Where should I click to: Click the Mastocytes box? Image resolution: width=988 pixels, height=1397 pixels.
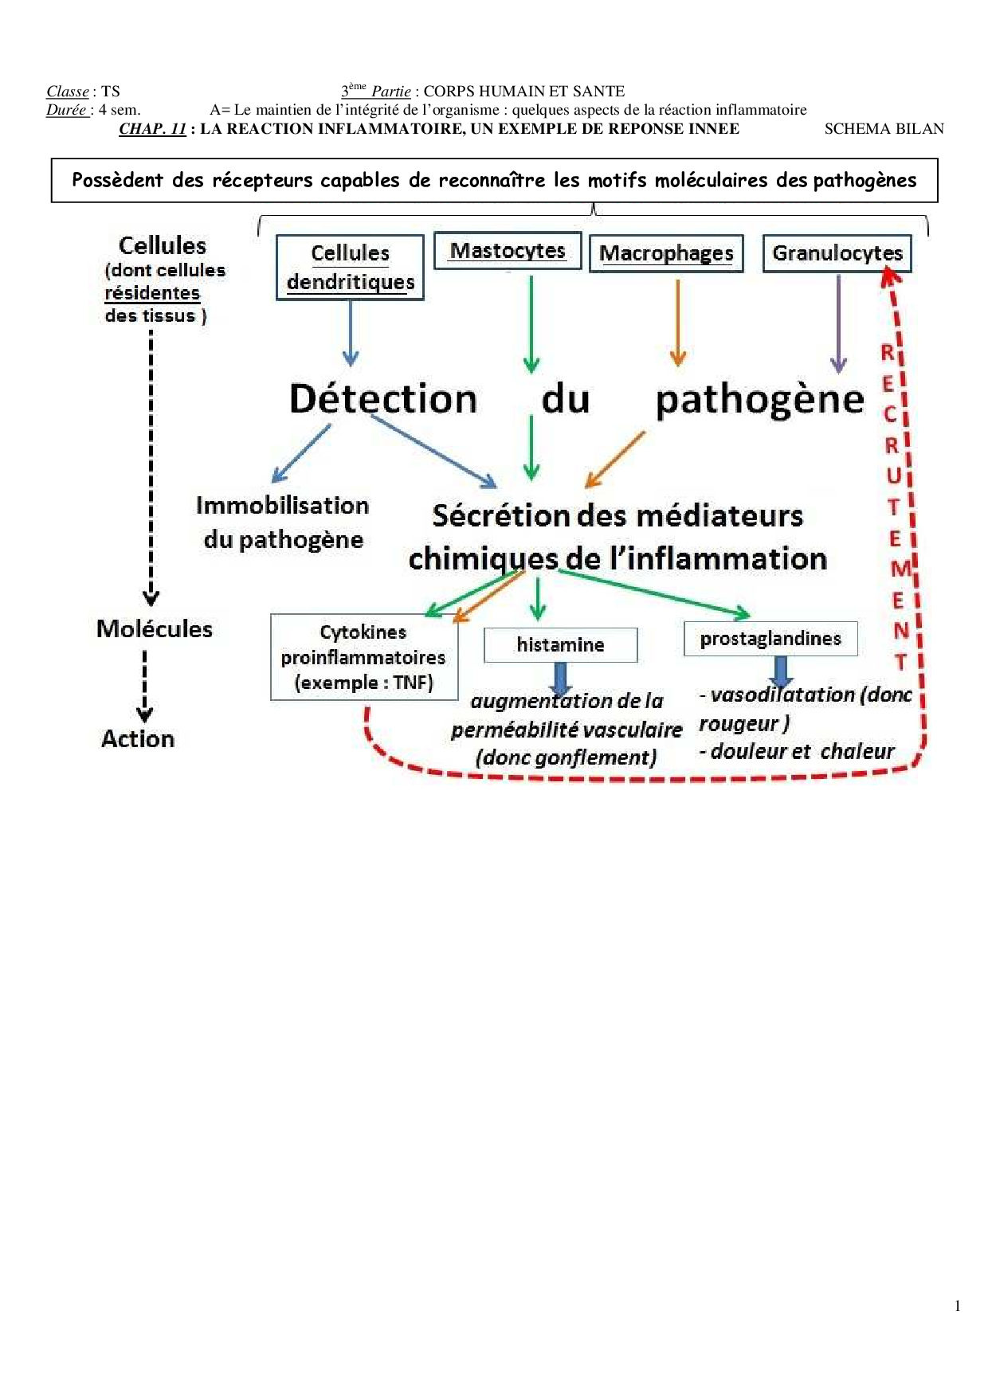click(x=508, y=251)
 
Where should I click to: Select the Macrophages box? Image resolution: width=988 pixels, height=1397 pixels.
click(x=666, y=253)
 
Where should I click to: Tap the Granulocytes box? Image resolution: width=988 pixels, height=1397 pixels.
click(x=837, y=253)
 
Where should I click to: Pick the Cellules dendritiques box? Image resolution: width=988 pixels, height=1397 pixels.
click(x=350, y=268)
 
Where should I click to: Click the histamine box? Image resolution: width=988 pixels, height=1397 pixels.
click(x=560, y=644)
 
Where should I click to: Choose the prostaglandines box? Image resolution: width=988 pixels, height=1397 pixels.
click(x=770, y=639)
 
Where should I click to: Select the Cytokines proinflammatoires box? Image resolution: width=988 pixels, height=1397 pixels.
click(x=363, y=657)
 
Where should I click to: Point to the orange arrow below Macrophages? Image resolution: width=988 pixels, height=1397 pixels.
click(x=678, y=323)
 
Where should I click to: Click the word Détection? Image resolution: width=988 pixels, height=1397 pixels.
click(x=383, y=398)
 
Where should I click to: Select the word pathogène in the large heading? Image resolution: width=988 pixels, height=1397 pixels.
click(x=759, y=400)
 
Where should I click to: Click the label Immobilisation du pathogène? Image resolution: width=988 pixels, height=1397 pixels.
click(x=283, y=522)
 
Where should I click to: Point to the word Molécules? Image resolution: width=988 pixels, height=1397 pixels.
click(x=155, y=629)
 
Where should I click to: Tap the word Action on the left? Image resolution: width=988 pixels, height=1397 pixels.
click(x=138, y=739)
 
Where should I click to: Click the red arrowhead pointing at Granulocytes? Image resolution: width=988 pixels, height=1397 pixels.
click(x=890, y=277)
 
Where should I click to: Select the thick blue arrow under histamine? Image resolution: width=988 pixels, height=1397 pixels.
click(x=560, y=679)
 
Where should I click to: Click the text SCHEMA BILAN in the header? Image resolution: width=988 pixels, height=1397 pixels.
click(x=884, y=129)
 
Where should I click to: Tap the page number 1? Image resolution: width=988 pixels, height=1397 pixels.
click(x=957, y=1305)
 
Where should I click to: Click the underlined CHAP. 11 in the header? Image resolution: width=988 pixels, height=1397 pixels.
click(x=152, y=129)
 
